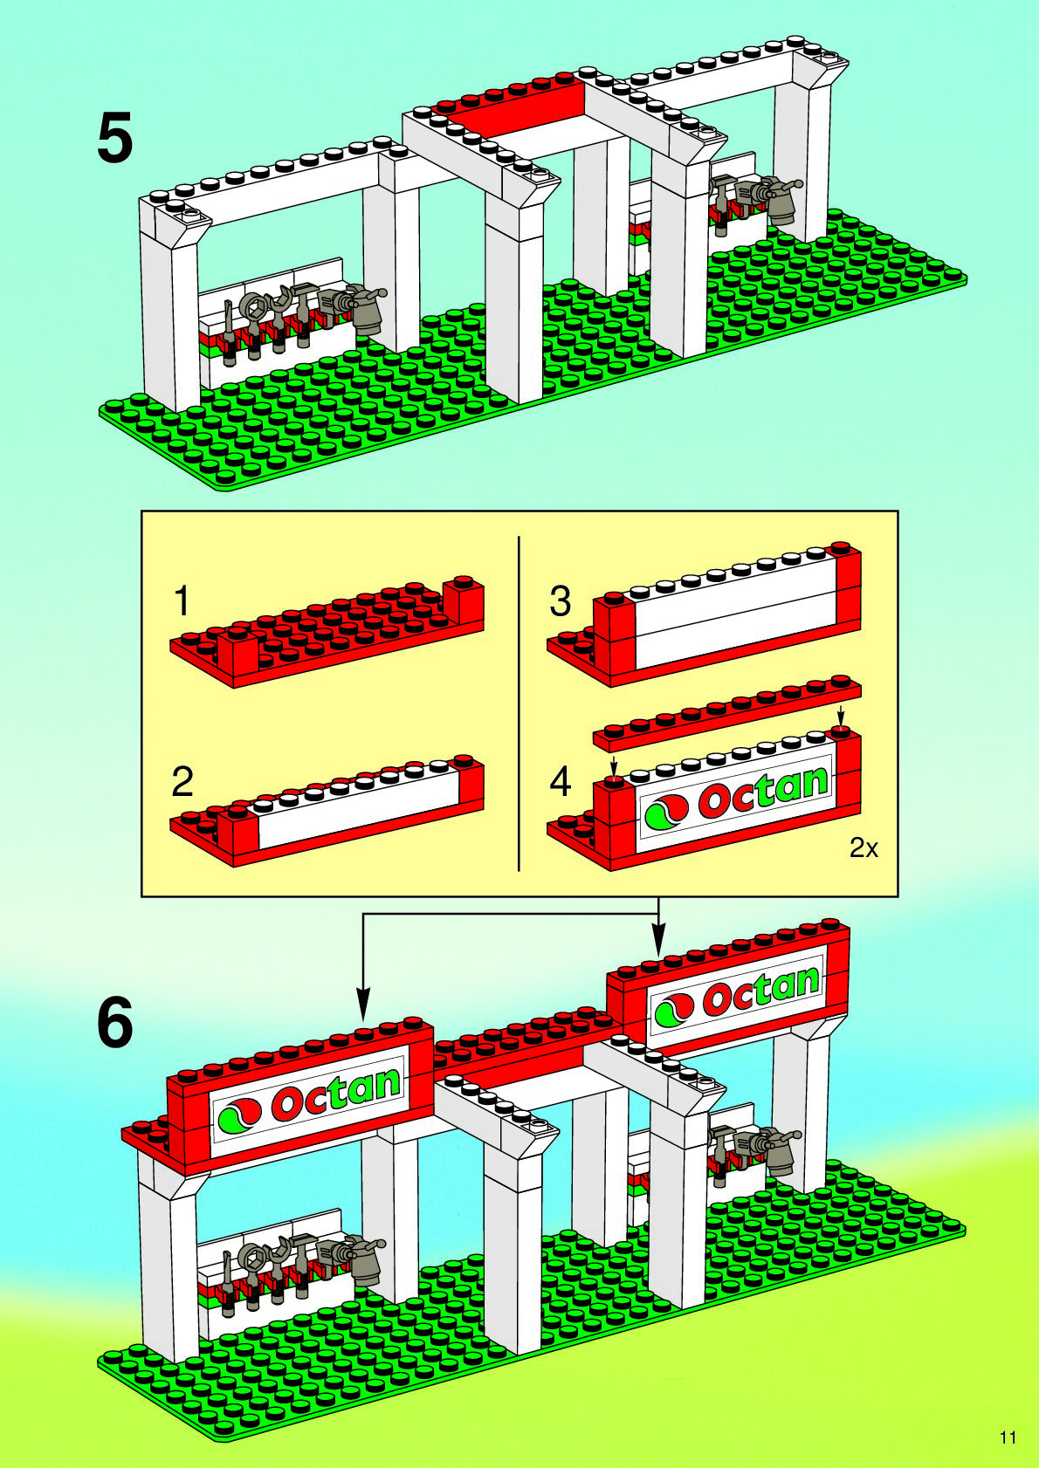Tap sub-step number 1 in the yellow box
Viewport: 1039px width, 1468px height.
pos(182,601)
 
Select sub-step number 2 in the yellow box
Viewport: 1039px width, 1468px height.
pos(182,781)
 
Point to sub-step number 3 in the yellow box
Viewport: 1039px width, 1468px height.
pos(560,601)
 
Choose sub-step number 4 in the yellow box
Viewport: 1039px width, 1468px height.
pos(560,781)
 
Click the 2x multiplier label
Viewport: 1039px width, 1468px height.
pos(864,847)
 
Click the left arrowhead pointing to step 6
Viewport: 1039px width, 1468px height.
pos(363,1005)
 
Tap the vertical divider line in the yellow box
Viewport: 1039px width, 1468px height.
pos(519,703)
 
